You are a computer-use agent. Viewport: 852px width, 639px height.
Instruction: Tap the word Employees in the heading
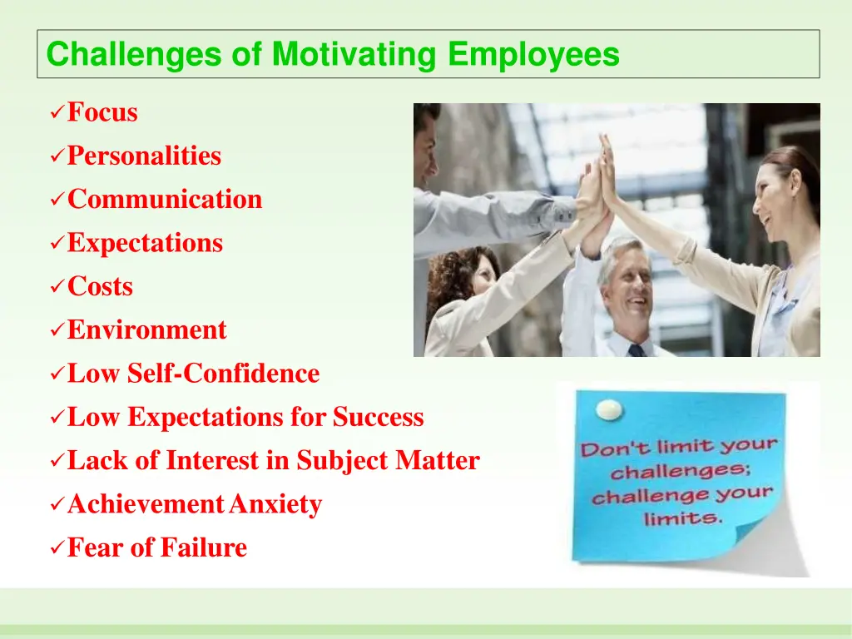coord(533,55)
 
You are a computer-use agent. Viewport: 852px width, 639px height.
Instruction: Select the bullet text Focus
coord(102,112)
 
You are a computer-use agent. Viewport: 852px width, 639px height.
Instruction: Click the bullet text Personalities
coord(144,156)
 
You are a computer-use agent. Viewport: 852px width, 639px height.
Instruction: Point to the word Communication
coord(165,200)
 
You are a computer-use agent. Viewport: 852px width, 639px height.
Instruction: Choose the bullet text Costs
coord(100,287)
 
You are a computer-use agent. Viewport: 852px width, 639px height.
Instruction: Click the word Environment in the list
coord(146,330)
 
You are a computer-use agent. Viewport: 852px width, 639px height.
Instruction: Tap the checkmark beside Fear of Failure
coord(57,548)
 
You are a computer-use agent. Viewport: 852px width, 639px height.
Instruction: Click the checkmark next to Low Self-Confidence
coord(57,374)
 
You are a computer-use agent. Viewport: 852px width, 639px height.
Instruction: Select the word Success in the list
coord(379,417)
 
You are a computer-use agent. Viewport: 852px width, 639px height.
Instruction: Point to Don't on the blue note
coord(609,449)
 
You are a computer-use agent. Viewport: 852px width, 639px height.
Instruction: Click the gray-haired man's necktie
coord(637,350)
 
